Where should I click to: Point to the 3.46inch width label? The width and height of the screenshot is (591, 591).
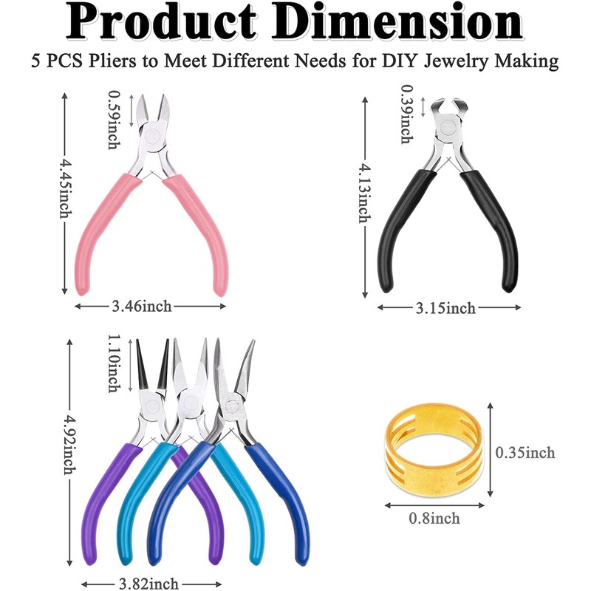tap(150, 304)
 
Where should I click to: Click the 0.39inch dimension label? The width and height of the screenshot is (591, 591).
tap(405, 115)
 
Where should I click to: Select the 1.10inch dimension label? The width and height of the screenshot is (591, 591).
tap(113, 362)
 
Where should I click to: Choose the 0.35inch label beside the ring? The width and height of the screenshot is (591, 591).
tap(525, 452)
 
